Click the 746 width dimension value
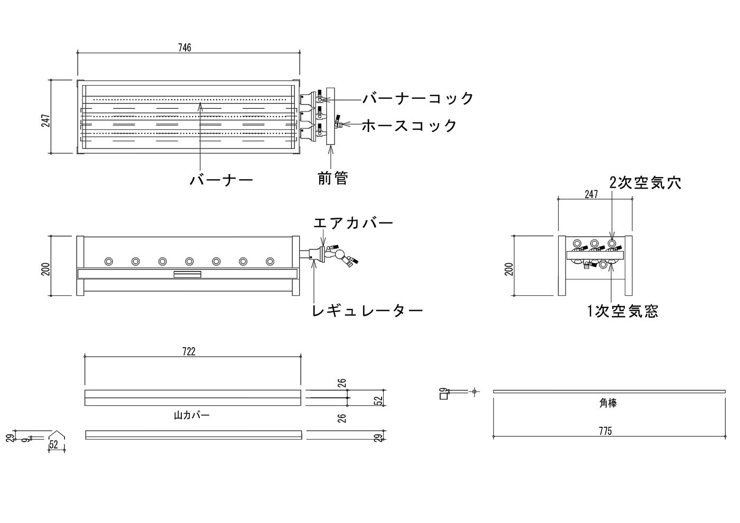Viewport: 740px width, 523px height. (x=184, y=48)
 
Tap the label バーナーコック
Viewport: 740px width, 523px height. (x=418, y=98)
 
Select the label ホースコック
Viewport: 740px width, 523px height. (x=409, y=126)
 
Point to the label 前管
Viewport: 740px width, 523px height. (x=333, y=179)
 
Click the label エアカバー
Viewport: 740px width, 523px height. (x=353, y=223)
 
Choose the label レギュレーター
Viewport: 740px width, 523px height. (x=367, y=311)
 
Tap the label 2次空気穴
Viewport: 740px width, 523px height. (x=645, y=183)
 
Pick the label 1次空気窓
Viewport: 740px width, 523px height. (x=623, y=311)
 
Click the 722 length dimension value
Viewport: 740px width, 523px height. (x=189, y=352)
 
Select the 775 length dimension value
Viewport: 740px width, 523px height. (x=605, y=431)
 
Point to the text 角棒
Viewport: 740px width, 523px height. (x=608, y=403)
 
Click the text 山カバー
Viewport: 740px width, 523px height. (x=191, y=415)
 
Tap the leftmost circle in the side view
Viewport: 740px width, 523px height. (x=108, y=261)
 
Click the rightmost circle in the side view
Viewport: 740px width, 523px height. (x=270, y=261)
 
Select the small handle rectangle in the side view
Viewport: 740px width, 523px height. (x=187, y=274)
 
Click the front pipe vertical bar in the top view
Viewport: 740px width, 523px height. (x=330, y=116)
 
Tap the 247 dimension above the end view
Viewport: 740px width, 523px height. (x=591, y=194)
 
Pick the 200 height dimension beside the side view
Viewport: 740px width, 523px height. (x=47, y=269)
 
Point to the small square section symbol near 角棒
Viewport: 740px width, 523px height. (x=443, y=396)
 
